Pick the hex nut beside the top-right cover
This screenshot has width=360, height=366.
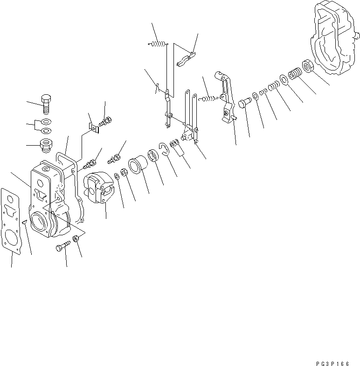(x=308, y=66)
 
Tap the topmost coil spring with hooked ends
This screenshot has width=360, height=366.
(x=158, y=44)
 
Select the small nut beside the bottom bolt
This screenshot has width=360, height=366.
(x=76, y=240)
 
